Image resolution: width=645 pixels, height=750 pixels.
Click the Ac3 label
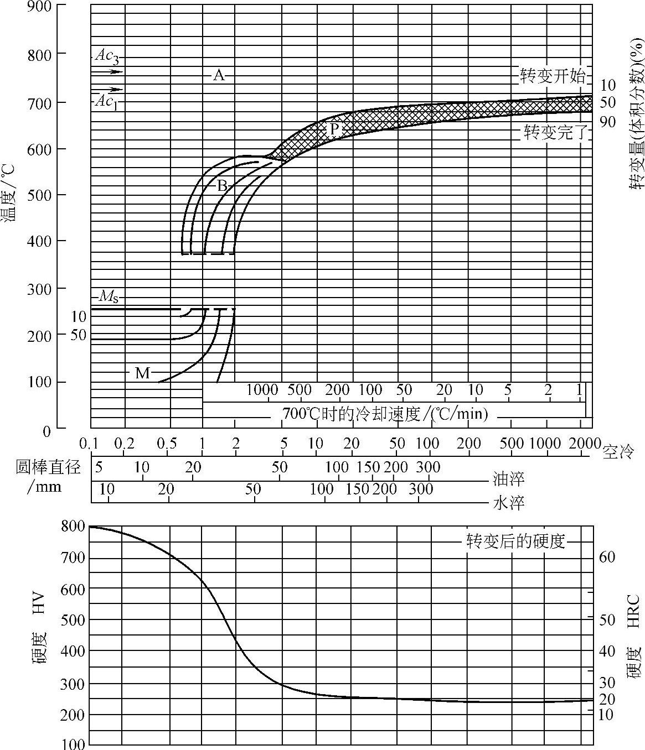tap(106, 55)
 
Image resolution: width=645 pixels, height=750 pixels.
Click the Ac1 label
tap(106, 101)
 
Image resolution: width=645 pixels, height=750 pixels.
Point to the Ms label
tap(108, 297)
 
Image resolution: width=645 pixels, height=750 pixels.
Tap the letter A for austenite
tap(219, 75)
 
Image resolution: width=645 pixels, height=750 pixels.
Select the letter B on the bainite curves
tap(221, 186)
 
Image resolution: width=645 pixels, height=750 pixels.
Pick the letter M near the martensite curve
tap(142, 373)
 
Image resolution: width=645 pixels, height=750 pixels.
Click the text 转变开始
tap(552, 76)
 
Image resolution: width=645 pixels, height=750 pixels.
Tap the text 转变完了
tap(555, 133)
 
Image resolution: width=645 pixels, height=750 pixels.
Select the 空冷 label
tap(618, 453)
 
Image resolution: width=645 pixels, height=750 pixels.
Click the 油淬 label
tap(508, 478)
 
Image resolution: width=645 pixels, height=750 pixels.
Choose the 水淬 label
tap(508, 503)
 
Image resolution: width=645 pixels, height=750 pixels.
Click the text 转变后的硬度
tap(515, 541)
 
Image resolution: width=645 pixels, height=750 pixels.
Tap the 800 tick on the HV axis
tap(73, 526)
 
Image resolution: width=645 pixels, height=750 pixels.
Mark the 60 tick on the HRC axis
tap(607, 557)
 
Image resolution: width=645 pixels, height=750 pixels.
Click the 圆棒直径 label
tap(48, 467)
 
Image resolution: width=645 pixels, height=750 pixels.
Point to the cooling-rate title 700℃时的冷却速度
tap(385, 414)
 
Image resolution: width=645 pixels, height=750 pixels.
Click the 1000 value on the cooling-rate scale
tap(262, 390)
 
